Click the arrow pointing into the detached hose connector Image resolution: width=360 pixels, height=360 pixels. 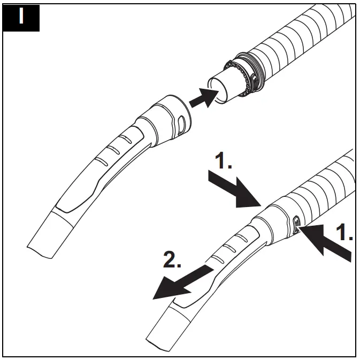(203, 98)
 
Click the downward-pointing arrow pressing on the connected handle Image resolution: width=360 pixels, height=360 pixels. (235, 190)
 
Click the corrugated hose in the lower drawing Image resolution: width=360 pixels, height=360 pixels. (326, 182)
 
